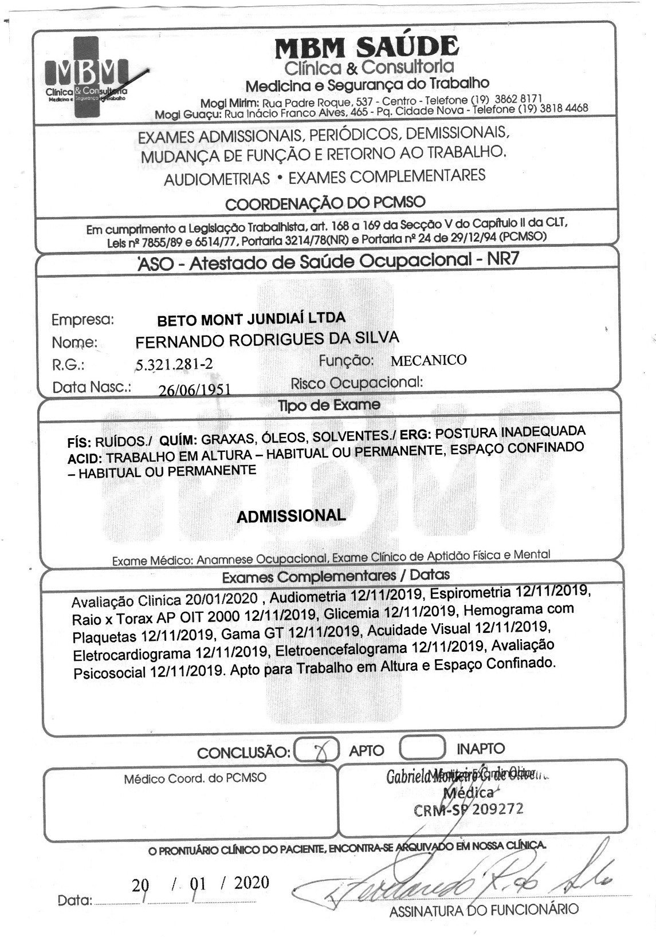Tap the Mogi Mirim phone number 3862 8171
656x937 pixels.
(x=518, y=98)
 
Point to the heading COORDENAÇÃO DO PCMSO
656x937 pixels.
(x=325, y=203)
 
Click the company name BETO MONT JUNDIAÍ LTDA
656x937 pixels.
(x=251, y=318)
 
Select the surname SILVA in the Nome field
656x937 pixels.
(x=371, y=337)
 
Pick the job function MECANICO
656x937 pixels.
(x=428, y=360)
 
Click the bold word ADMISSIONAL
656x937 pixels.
(x=291, y=515)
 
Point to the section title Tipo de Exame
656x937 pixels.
(x=329, y=405)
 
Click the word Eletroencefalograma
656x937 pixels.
(x=341, y=649)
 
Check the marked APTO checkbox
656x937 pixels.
(x=316, y=750)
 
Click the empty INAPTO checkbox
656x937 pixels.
(x=422, y=747)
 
